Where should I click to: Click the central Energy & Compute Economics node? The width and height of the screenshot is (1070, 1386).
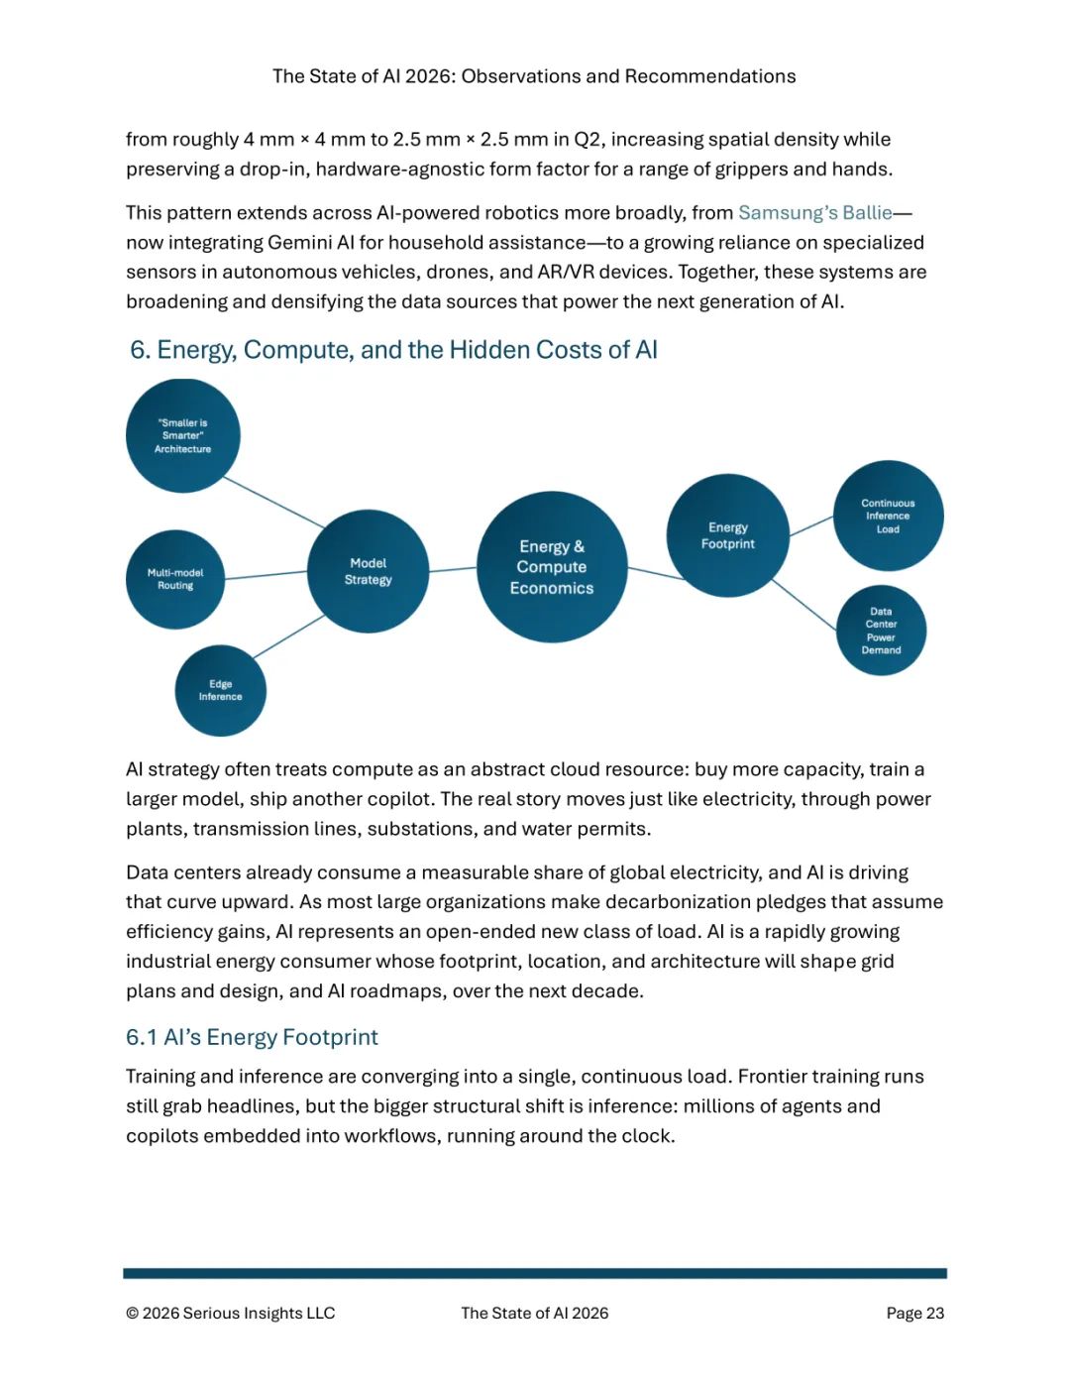(x=552, y=567)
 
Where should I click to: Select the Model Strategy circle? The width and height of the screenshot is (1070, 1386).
(x=368, y=571)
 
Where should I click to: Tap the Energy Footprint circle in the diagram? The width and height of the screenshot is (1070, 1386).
(x=728, y=535)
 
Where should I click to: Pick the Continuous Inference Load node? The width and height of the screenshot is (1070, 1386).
(x=888, y=516)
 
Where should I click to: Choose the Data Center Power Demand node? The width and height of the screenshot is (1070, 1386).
(x=881, y=631)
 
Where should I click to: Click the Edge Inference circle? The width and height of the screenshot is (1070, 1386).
(x=220, y=690)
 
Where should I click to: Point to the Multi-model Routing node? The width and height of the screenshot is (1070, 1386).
(x=175, y=579)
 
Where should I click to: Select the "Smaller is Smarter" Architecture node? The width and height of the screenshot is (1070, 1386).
(x=183, y=436)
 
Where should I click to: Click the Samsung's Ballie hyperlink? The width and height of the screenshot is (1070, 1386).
(x=814, y=213)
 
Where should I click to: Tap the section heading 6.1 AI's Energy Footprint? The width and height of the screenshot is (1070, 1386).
(x=252, y=1037)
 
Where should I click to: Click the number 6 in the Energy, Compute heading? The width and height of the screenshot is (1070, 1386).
(x=139, y=350)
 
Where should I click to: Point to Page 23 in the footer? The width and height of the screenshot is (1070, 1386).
(x=914, y=1313)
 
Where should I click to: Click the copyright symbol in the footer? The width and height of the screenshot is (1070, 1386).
(x=132, y=1314)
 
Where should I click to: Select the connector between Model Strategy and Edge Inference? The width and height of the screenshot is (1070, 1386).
(x=289, y=636)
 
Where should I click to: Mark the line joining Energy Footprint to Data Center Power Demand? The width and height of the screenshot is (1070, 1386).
(x=803, y=605)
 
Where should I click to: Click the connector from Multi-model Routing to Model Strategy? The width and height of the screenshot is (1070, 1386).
(x=266, y=575)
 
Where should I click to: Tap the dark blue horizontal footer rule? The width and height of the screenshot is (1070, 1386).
(x=535, y=1273)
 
